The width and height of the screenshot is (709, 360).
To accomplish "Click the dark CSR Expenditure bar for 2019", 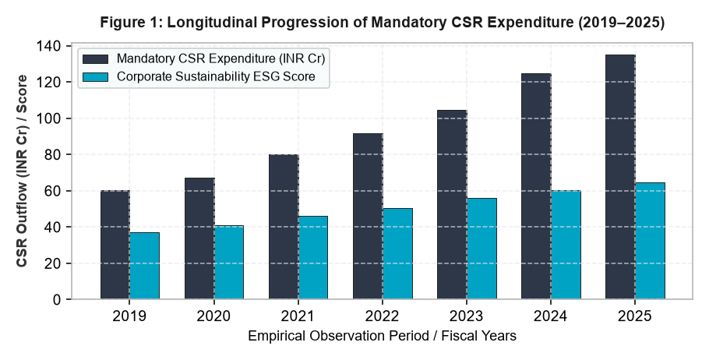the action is pyautogui.click(x=115, y=245).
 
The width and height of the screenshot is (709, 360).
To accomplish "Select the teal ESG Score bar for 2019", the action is pyautogui.click(x=144, y=266).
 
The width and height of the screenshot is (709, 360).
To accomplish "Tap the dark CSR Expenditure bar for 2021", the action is pyautogui.click(x=284, y=227).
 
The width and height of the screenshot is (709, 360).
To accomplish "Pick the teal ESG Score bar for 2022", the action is pyautogui.click(x=397, y=254).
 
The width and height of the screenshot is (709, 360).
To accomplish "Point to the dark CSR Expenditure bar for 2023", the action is pyautogui.click(x=452, y=205).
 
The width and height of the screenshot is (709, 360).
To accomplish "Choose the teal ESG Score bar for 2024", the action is pyautogui.click(x=566, y=245).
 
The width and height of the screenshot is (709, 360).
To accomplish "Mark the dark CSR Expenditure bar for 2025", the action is pyautogui.click(x=620, y=178).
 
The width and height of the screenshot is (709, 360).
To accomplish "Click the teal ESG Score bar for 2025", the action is pyautogui.click(x=651, y=241).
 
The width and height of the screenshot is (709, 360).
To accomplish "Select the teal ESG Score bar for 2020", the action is pyautogui.click(x=229, y=263).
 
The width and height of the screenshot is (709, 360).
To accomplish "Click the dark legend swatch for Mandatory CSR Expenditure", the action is pyautogui.click(x=95, y=59).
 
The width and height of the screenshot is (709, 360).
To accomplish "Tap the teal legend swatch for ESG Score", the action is pyautogui.click(x=95, y=77).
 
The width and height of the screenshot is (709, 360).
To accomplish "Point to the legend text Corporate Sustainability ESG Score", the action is pyautogui.click(x=216, y=77).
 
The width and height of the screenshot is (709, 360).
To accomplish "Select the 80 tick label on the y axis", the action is pyautogui.click(x=55, y=154).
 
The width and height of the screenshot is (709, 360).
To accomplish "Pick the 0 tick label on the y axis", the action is pyautogui.click(x=58, y=299).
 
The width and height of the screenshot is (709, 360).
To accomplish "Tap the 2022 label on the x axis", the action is pyautogui.click(x=382, y=316).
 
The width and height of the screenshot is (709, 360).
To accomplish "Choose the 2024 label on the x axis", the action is pyautogui.click(x=551, y=316).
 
